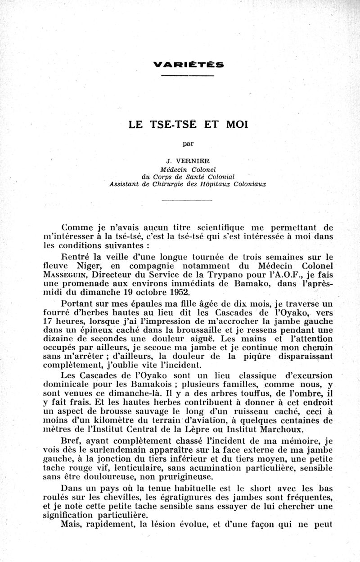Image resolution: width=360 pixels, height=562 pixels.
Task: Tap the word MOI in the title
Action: point(234,125)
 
